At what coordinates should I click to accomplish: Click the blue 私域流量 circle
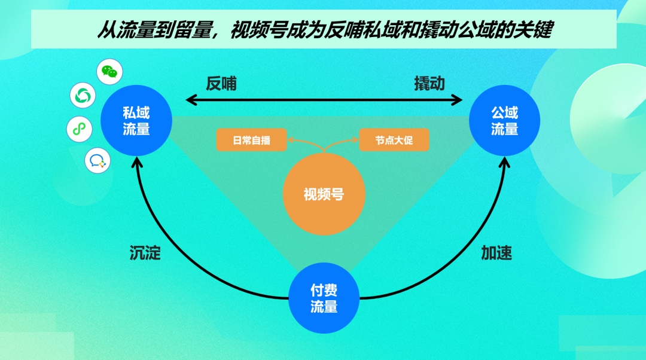point(136,121)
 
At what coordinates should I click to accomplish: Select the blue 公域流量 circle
point(504,121)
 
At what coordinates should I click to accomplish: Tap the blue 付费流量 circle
point(324,298)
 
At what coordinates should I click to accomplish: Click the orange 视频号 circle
point(324,194)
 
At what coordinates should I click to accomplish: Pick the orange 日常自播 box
point(251,141)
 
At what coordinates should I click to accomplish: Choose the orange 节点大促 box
point(394,141)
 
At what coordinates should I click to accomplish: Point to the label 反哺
point(221,84)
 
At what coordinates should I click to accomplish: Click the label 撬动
point(429,84)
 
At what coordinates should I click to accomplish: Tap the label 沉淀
point(145,253)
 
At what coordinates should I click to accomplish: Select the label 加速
point(496,253)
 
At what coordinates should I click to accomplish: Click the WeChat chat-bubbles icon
point(109,72)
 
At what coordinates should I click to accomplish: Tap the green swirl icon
point(83,96)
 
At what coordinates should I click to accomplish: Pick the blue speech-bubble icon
point(97,160)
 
